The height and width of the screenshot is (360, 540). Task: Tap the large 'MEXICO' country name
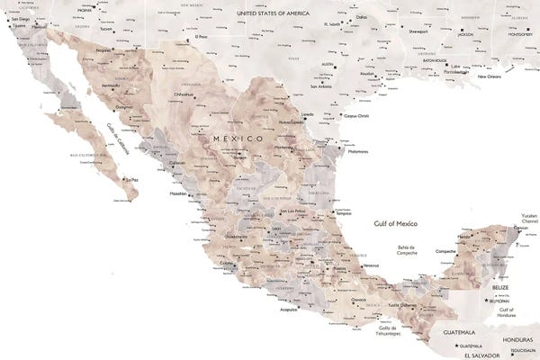pyautogui.click(x=238, y=139)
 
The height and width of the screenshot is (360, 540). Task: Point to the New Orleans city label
pyautogui.click(x=489, y=77)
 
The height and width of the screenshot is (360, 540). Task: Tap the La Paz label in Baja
pyautogui.click(x=132, y=180)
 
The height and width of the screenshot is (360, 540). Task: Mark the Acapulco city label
pyautogui.click(x=287, y=309)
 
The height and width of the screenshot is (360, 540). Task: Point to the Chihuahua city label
pyautogui.click(x=184, y=93)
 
